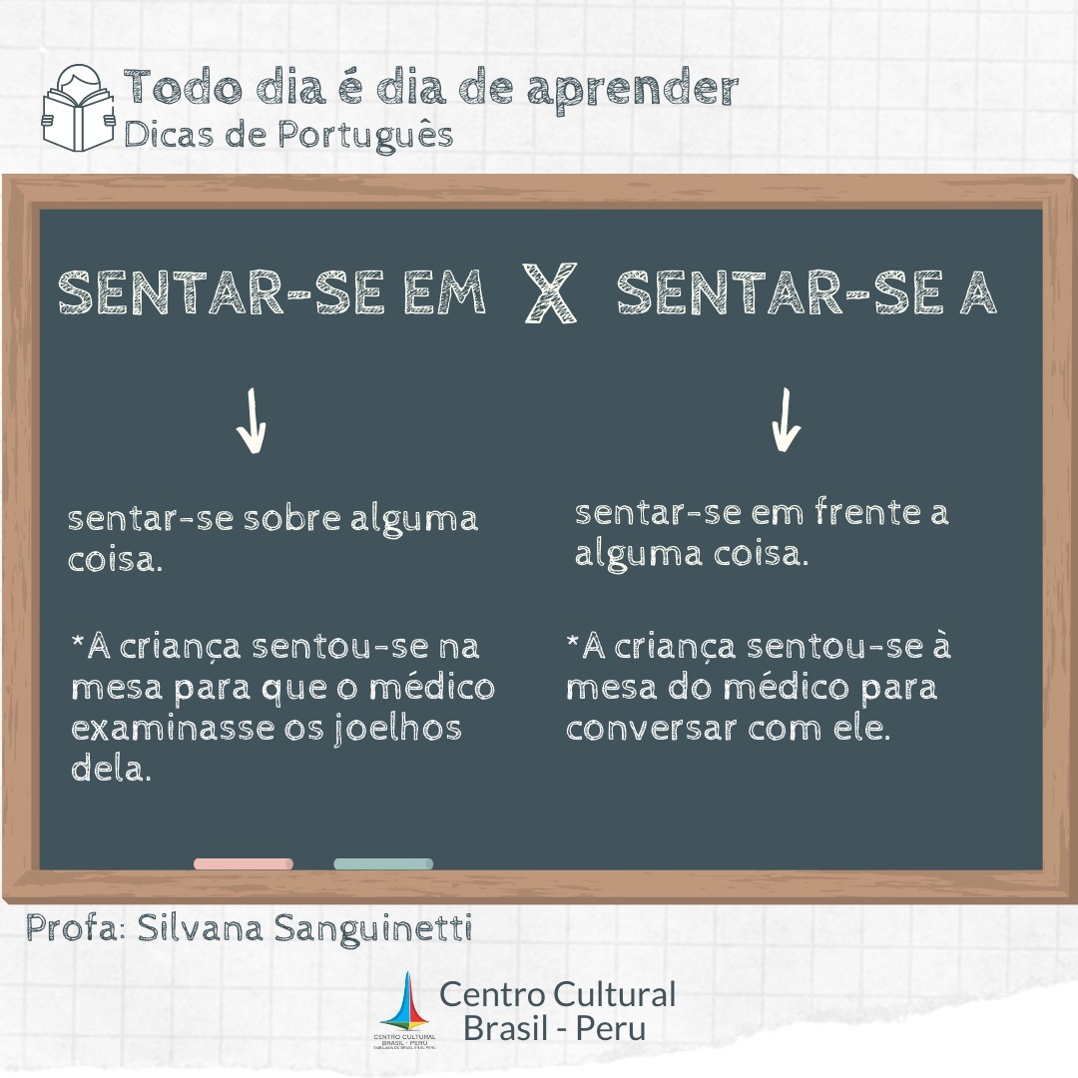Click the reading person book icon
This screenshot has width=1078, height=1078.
point(79,108)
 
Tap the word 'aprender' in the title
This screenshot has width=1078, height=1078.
point(633,91)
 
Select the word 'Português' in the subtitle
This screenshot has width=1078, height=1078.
point(365,135)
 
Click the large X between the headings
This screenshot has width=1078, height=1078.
point(549,292)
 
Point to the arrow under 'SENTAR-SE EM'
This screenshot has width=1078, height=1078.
point(251,421)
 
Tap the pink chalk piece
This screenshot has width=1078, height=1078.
point(244,863)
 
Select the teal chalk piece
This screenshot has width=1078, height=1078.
point(383,863)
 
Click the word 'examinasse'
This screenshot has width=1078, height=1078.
point(173,728)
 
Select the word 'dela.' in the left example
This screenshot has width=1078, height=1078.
point(111,768)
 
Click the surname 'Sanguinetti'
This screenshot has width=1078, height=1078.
point(373,929)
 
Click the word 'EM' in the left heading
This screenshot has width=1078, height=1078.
point(444,292)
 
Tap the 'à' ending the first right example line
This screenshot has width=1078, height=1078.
point(941,645)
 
